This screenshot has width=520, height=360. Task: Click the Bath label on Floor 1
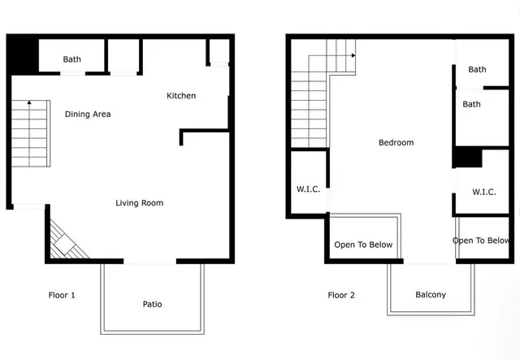(x=72, y=59)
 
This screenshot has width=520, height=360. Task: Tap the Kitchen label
(x=181, y=96)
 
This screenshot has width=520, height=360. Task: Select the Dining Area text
(x=88, y=115)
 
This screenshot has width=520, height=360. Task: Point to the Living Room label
(x=139, y=203)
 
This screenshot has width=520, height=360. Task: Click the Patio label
(x=152, y=305)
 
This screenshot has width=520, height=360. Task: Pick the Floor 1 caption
(x=62, y=295)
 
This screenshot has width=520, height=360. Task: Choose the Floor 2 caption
(x=341, y=295)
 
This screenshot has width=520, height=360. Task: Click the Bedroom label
(x=396, y=143)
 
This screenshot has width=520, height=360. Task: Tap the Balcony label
(x=431, y=295)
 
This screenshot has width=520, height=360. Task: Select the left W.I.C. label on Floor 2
(x=308, y=189)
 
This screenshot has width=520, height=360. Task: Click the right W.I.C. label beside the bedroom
(x=484, y=192)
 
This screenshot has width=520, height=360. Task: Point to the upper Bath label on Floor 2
(x=477, y=70)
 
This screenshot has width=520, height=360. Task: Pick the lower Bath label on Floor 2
(x=471, y=104)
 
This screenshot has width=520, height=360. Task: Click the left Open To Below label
(x=363, y=245)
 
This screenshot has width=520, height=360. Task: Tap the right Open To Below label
(x=481, y=241)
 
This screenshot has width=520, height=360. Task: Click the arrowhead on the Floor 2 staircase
(x=353, y=55)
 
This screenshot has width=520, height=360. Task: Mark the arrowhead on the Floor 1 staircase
(x=28, y=103)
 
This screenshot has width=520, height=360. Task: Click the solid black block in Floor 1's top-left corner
(x=22, y=54)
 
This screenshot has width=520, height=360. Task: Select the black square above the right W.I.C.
(x=467, y=157)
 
